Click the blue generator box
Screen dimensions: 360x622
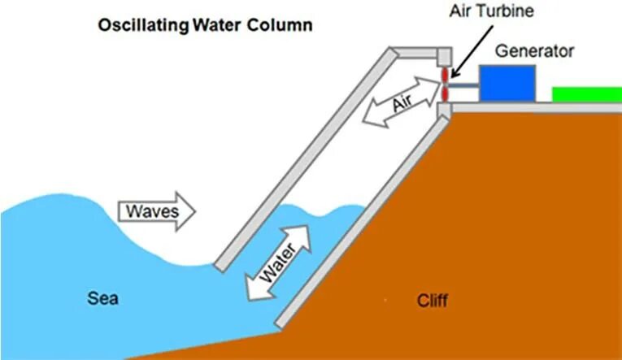point(507,83)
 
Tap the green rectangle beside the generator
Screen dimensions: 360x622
point(586,94)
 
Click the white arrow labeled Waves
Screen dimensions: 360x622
point(159,211)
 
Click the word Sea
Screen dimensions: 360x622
point(102,299)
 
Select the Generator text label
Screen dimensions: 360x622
point(536,50)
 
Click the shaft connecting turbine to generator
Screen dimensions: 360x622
point(463,84)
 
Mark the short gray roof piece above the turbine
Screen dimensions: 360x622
point(418,53)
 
